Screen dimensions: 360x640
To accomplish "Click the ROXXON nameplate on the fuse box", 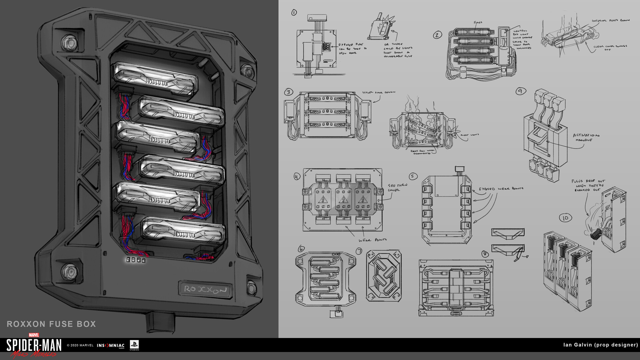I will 205,289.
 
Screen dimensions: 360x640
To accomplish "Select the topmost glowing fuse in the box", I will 155,79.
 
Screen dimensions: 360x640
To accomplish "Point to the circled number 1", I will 294,13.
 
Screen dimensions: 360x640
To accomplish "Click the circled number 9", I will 520,91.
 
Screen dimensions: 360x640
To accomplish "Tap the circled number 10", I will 565,218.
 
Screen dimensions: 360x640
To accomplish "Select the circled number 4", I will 297,176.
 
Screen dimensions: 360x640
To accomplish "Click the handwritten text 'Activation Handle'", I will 586,137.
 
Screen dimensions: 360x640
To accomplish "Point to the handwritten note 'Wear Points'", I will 372,240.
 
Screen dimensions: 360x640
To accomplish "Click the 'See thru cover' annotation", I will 397,187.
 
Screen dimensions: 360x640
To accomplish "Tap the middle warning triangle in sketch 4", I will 343,200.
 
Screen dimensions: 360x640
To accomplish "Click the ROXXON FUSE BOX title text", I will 51,324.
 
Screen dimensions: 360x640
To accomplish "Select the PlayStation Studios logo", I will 134,345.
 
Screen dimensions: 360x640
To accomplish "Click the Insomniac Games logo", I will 111,346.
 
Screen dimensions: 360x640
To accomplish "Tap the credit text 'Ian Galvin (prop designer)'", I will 600,345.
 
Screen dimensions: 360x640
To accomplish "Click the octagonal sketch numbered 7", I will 384,276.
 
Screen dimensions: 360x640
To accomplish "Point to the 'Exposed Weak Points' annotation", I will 501,189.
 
